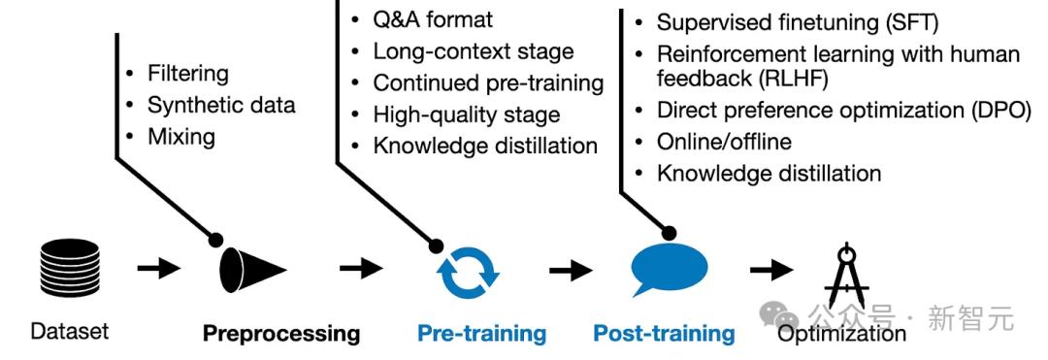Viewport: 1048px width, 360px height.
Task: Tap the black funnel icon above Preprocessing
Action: [252, 270]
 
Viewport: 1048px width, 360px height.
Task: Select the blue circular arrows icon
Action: [468, 273]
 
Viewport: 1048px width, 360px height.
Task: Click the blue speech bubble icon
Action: [670, 271]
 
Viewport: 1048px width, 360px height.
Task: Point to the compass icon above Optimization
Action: [846, 276]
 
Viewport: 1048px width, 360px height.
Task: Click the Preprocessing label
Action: [281, 333]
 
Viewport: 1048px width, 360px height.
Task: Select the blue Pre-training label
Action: [481, 333]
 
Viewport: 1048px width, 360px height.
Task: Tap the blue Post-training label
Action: [664, 333]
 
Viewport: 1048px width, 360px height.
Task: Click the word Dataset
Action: [70, 331]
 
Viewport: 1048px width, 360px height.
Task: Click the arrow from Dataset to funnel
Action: [159, 269]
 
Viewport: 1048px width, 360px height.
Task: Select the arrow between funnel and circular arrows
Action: [361, 269]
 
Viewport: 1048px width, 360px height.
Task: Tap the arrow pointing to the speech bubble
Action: [571, 270]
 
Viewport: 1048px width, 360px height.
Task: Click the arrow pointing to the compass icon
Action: [771, 270]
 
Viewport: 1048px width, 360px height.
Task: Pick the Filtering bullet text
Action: [188, 74]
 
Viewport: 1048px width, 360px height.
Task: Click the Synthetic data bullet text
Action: [221, 105]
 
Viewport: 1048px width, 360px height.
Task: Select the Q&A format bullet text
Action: [433, 19]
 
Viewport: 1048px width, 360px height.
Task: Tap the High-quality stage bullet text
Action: [467, 115]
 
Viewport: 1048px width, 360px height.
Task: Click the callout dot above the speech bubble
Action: [669, 233]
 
